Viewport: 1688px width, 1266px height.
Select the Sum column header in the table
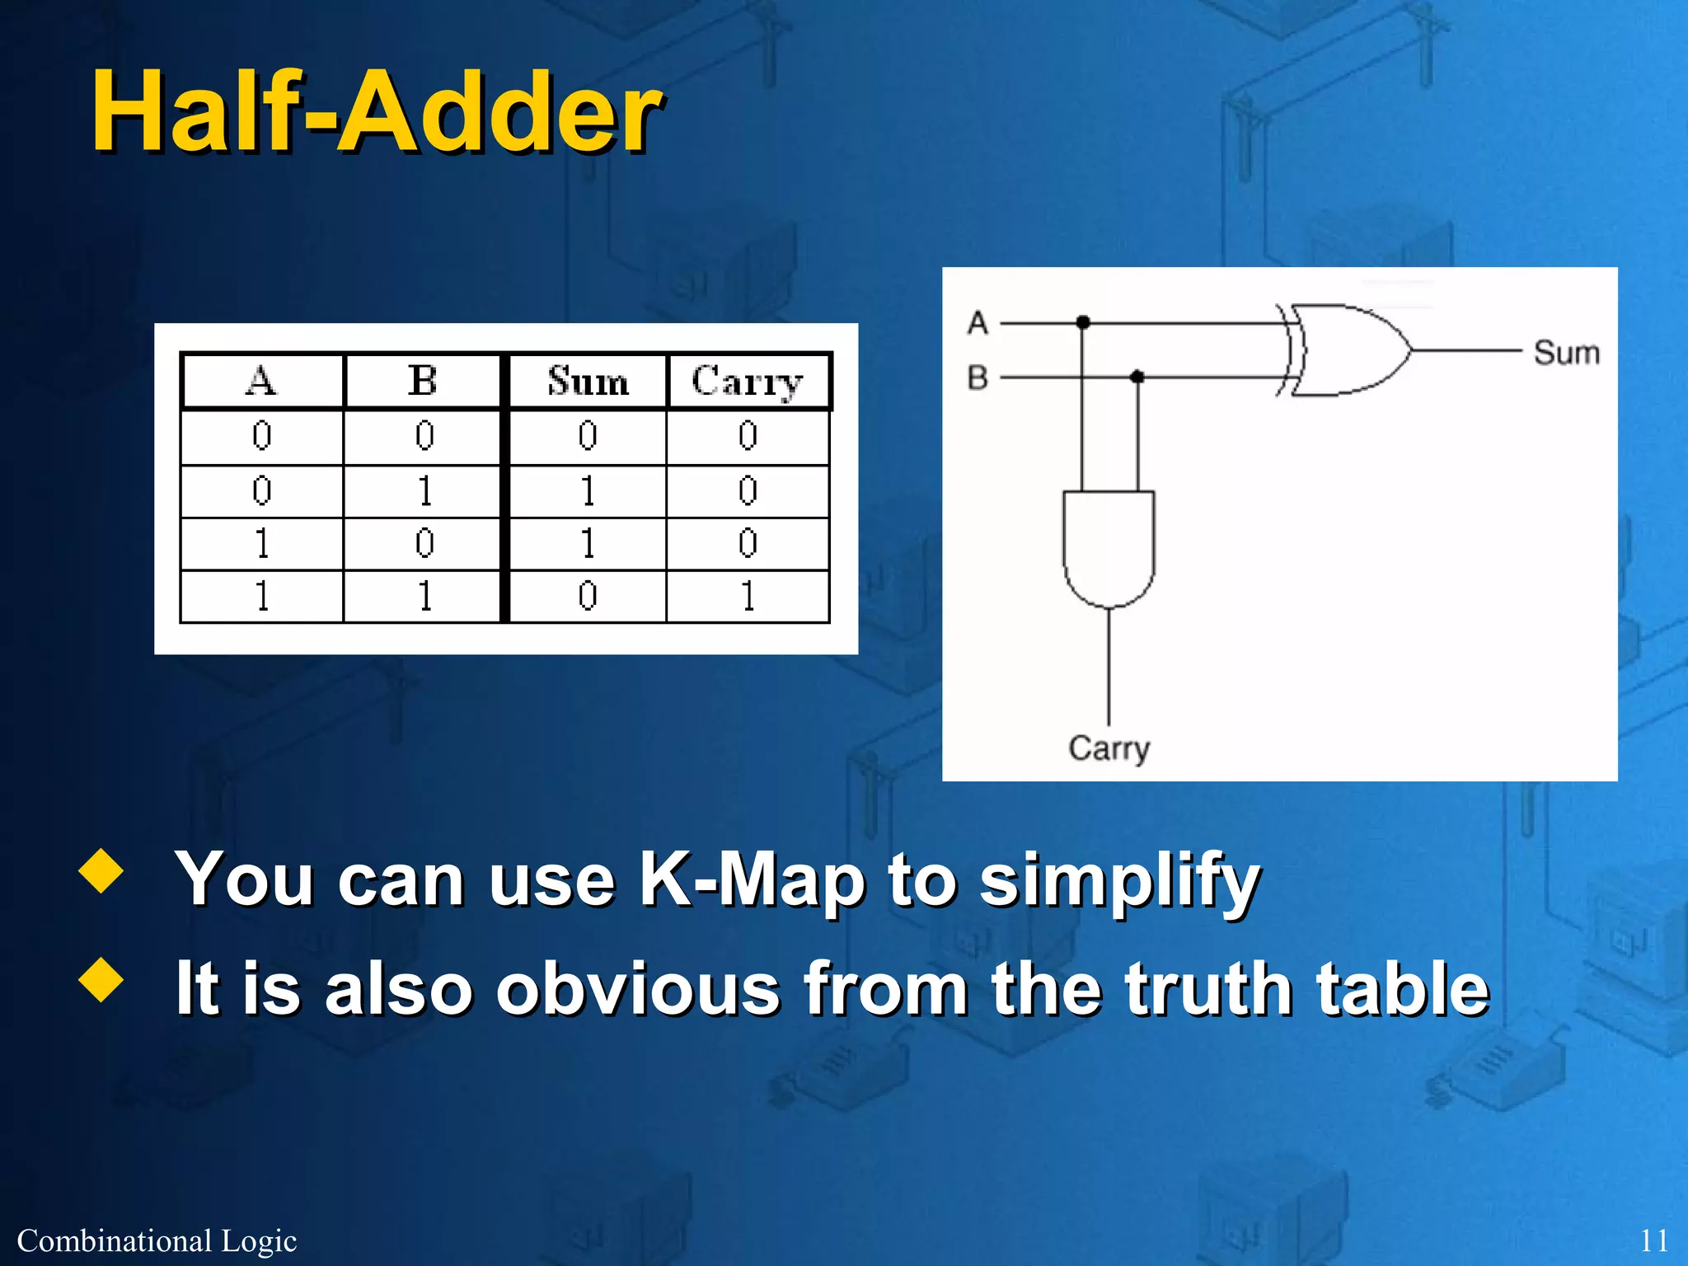pos(588,382)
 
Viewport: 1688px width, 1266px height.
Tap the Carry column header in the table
pos(747,382)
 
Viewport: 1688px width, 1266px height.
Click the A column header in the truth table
pos(261,382)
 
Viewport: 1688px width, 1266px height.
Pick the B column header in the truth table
pos(423,382)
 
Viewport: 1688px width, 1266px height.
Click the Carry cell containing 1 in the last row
pos(748,596)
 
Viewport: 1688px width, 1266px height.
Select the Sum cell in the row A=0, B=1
pos(588,491)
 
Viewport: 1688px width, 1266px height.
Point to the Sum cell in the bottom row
pos(588,596)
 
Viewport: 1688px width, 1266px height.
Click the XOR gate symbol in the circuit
pos(1348,350)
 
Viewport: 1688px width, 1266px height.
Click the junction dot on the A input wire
pos(1083,322)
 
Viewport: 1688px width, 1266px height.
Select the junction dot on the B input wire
pos(1137,377)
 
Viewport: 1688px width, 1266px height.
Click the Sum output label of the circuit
pos(1566,353)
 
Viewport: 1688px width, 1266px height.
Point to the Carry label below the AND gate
pos(1109,748)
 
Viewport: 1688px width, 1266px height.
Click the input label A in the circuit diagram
pos(978,322)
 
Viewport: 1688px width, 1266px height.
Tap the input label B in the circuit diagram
pos(978,377)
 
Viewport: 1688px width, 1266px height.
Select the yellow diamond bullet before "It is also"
pos(101,980)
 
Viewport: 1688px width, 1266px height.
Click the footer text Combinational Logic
pos(157,1240)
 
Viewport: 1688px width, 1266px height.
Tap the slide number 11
pos(1653,1240)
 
